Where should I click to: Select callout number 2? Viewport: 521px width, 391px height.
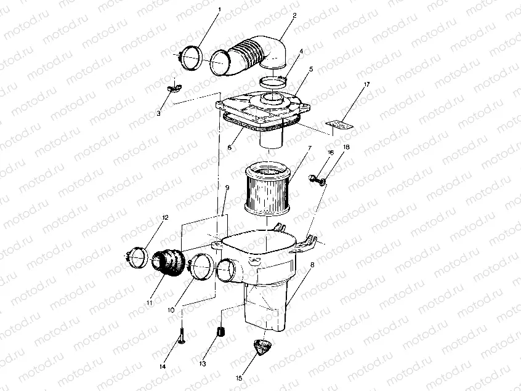[294, 15]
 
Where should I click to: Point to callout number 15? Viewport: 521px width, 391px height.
[240, 378]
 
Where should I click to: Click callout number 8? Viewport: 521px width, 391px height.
[312, 264]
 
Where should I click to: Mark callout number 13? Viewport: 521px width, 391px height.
[201, 364]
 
